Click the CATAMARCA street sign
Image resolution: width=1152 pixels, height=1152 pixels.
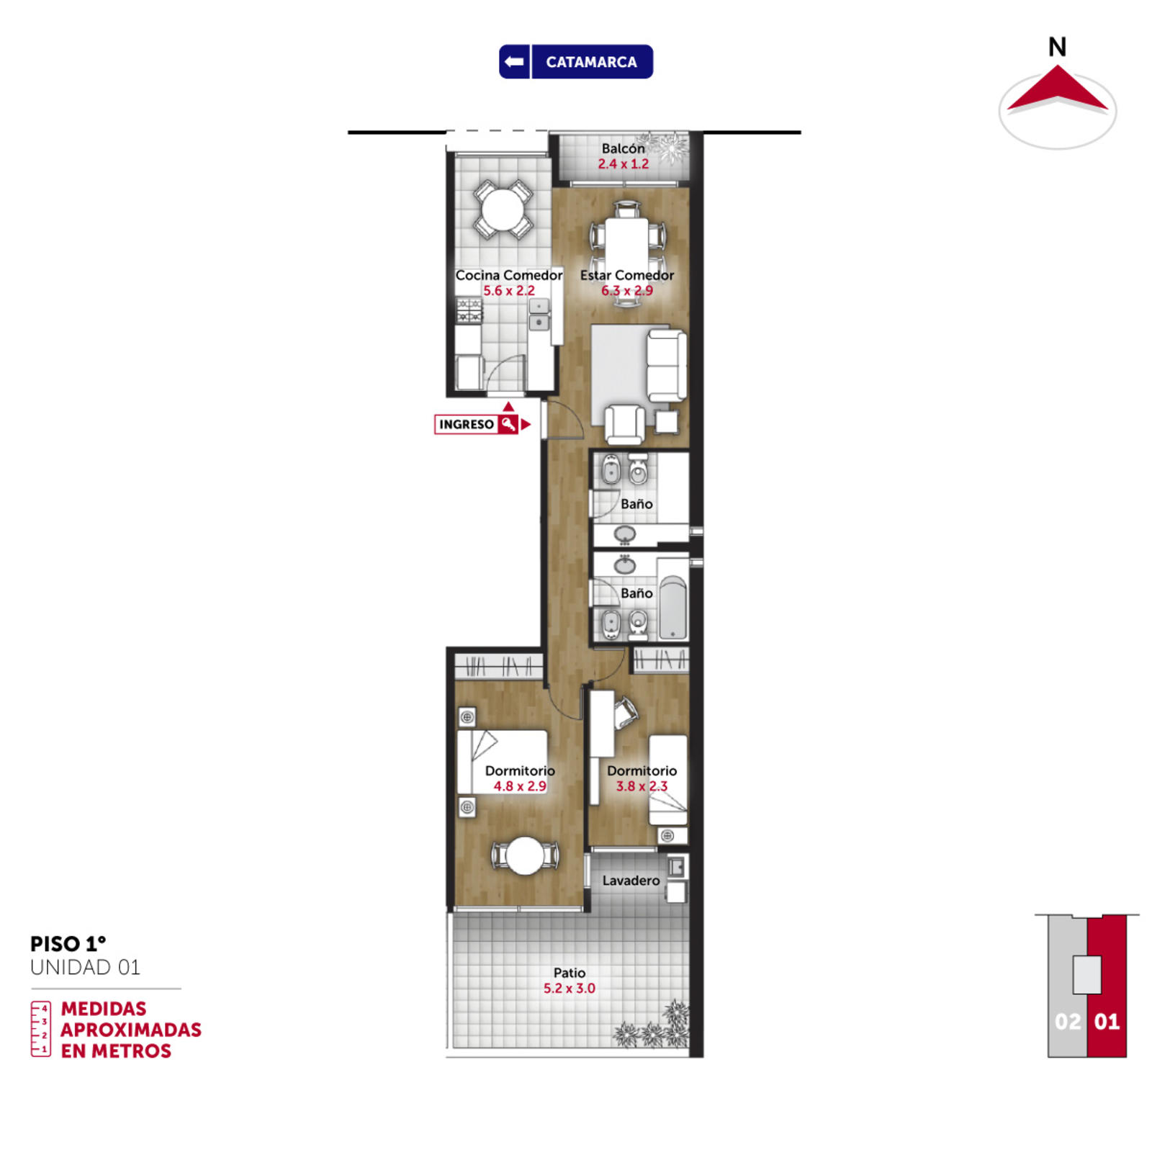(576, 62)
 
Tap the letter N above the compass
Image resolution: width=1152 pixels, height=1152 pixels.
(1057, 48)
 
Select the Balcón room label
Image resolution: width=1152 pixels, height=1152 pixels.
(624, 148)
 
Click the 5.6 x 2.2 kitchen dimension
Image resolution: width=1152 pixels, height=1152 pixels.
(509, 291)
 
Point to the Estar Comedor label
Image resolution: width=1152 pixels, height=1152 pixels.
(627, 275)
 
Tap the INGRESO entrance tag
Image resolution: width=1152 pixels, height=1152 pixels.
(476, 424)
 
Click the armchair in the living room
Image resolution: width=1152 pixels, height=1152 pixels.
(624, 425)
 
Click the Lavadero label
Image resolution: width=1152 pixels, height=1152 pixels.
(631, 881)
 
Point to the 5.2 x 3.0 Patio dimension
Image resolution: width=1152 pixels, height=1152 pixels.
(570, 989)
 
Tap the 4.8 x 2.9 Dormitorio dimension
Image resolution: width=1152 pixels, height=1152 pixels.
(520, 786)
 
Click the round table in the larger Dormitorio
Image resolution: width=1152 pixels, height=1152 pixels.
(526, 855)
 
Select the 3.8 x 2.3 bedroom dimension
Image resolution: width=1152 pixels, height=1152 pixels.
(642, 786)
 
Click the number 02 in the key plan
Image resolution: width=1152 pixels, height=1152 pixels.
(1068, 1022)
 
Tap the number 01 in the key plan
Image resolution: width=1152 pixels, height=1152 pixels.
(1107, 1022)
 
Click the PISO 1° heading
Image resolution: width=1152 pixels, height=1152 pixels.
(68, 944)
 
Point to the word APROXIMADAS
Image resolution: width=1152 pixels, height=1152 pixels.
(131, 1030)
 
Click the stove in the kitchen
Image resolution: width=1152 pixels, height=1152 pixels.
(469, 310)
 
